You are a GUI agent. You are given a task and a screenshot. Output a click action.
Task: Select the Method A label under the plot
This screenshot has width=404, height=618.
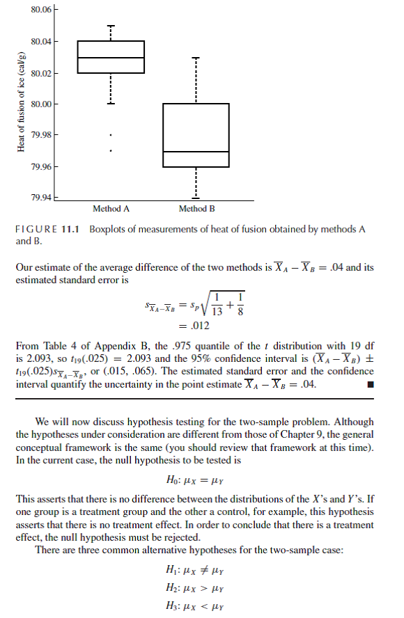[111, 208]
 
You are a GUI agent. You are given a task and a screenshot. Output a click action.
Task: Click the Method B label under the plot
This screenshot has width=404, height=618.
[196, 208]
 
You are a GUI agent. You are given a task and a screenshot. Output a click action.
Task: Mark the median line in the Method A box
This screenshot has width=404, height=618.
[111, 57]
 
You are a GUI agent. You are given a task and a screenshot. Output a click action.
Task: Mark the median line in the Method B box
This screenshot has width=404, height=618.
[196, 152]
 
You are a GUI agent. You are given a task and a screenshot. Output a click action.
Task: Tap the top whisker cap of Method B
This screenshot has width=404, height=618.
[196, 57]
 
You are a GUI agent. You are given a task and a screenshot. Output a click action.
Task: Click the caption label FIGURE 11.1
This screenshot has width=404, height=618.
[45, 230]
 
